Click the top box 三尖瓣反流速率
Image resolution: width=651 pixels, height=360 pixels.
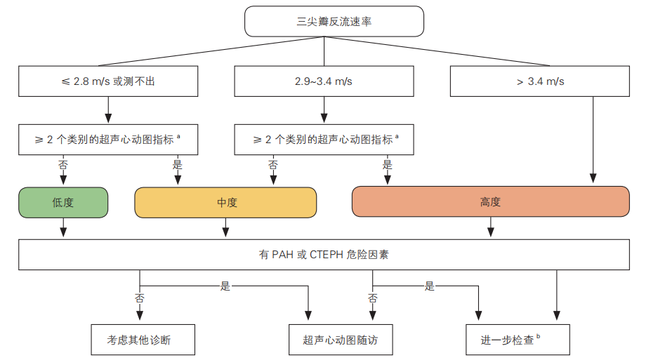(x=334, y=21)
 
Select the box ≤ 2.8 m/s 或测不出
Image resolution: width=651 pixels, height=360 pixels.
(x=108, y=81)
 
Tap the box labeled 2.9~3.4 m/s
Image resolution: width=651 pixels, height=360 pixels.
(x=323, y=81)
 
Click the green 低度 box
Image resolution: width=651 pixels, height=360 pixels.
(x=63, y=202)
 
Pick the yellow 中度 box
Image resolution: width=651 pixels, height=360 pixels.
(x=225, y=202)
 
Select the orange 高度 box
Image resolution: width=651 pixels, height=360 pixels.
(x=490, y=202)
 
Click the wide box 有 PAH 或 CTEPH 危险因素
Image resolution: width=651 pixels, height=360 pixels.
(x=324, y=255)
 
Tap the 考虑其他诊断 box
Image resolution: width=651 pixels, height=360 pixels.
(x=139, y=340)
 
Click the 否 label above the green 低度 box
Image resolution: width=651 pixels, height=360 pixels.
(x=63, y=166)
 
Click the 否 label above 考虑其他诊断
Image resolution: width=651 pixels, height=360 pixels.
(x=139, y=298)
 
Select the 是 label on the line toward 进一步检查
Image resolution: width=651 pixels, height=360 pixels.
(x=430, y=286)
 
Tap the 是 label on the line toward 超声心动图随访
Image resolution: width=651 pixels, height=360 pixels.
(x=225, y=286)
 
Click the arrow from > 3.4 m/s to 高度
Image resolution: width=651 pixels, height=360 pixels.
(x=594, y=140)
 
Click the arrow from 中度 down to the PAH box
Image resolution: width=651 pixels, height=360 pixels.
(x=225, y=227)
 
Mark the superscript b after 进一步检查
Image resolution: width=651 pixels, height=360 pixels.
(x=538, y=336)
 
